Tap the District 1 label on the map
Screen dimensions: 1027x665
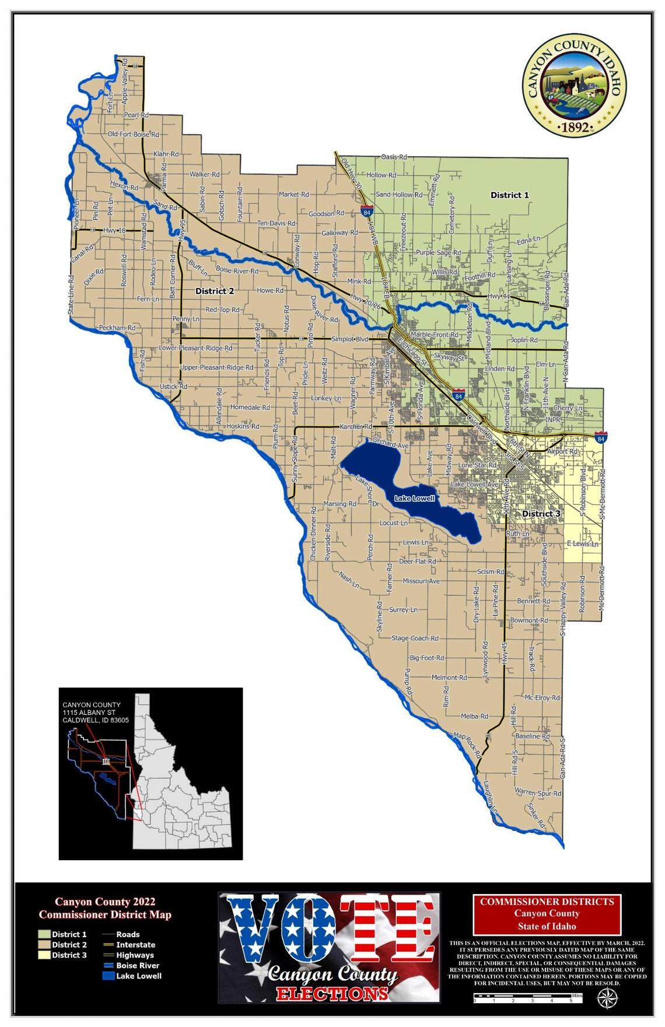point(509,195)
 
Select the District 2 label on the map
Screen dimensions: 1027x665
point(214,291)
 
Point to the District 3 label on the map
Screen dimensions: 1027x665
point(541,514)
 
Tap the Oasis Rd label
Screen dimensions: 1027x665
point(394,157)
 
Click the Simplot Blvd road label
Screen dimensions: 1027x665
point(350,339)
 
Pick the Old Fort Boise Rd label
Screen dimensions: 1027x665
point(134,135)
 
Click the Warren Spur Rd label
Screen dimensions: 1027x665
point(538,793)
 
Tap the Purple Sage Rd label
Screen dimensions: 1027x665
point(438,253)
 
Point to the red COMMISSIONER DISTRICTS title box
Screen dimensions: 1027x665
point(547,914)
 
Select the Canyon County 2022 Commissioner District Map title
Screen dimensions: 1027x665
point(105,909)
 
